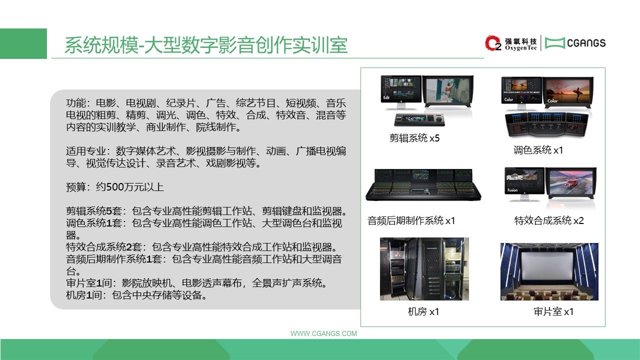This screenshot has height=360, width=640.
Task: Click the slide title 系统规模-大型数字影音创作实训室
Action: [206, 45]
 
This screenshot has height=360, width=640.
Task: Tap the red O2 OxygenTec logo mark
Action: [493, 43]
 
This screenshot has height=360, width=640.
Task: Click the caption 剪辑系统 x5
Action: [414, 138]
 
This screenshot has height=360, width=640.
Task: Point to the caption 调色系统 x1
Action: [538, 150]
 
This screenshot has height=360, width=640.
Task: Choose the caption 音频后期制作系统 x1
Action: [411, 220]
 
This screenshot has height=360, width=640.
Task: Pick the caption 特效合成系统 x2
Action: [549, 220]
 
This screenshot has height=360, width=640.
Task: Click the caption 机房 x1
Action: [423, 311]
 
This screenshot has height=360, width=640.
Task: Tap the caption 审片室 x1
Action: [553, 311]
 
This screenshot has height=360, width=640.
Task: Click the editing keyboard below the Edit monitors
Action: [419, 119]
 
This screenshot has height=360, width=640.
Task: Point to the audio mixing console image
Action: [423, 185]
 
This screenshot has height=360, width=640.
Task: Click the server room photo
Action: [424, 269]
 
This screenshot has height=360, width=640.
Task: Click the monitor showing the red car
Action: [571, 183]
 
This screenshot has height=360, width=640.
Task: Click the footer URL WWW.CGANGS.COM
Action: [323, 333]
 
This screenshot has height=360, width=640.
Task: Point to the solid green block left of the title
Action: [23, 43]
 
